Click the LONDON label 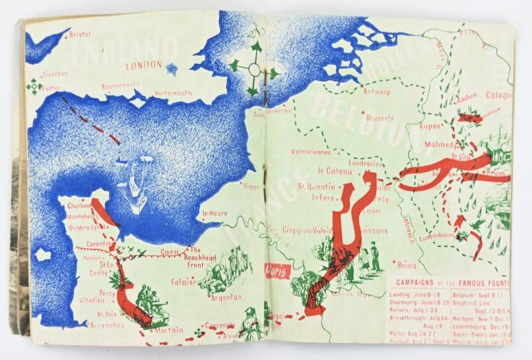144,65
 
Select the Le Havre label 214,214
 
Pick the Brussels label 380,116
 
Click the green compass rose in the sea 253,69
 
